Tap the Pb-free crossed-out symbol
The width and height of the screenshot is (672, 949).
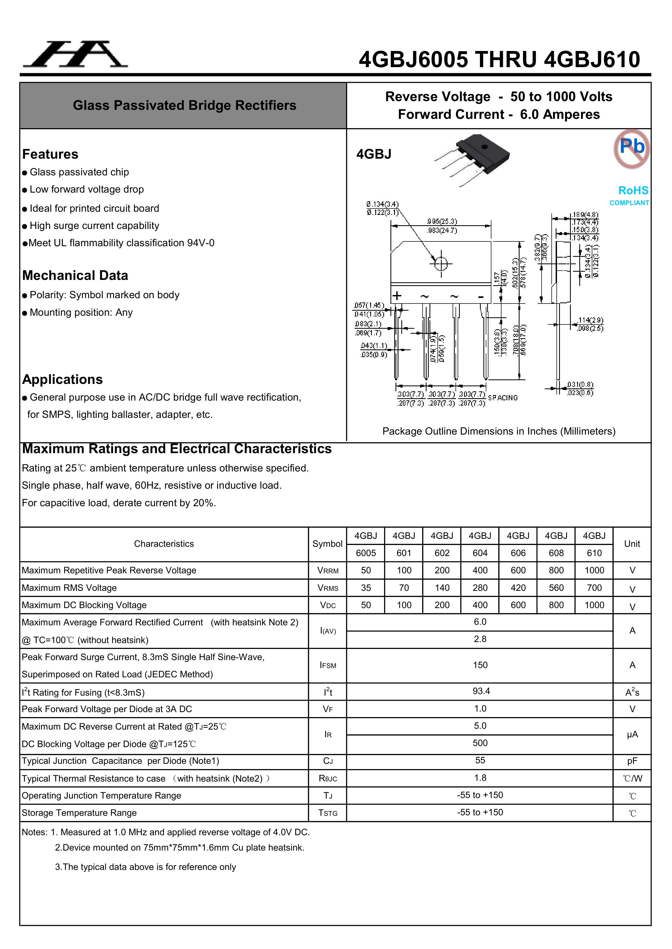pyautogui.click(x=631, y=149)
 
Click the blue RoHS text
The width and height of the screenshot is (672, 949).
pyautogui.click(x=633, y=190)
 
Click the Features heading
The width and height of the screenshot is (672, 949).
pyautogui.click(x=50, y=154)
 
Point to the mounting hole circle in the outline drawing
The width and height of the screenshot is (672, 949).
pyautogui.click(x=441, y=263)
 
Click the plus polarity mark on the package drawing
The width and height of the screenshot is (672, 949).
pyautogui.click(x=397, y=296)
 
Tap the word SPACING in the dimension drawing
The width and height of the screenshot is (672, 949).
pyautogui.click(x=503, y=398)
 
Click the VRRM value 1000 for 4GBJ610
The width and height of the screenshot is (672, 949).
pyautogui.click(x=594, y=570)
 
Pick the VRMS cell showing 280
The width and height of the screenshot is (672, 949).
pyautogui.click(x=480, y=588)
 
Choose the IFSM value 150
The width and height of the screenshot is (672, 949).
pyautogui.click(x=480, y=665)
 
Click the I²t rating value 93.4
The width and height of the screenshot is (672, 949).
pyautogui.click(x=481, y=691)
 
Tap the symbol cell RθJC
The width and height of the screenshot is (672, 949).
pyautogui.click(x=328, y=778)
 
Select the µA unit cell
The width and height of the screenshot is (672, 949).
pyautogui.click(x=632, y=734)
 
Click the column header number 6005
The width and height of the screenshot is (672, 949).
pyautogui.click(x=366, y=553)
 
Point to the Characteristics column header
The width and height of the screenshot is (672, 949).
pyautogui.click(x=164, y=544)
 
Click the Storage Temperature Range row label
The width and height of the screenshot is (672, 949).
pyautogui.click(x=79, y=813)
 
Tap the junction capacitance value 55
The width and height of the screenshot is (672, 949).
pyautogui.click(x=480, y=761)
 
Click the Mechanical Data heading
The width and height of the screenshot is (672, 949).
pyautogui.click(x=75, y=275)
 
